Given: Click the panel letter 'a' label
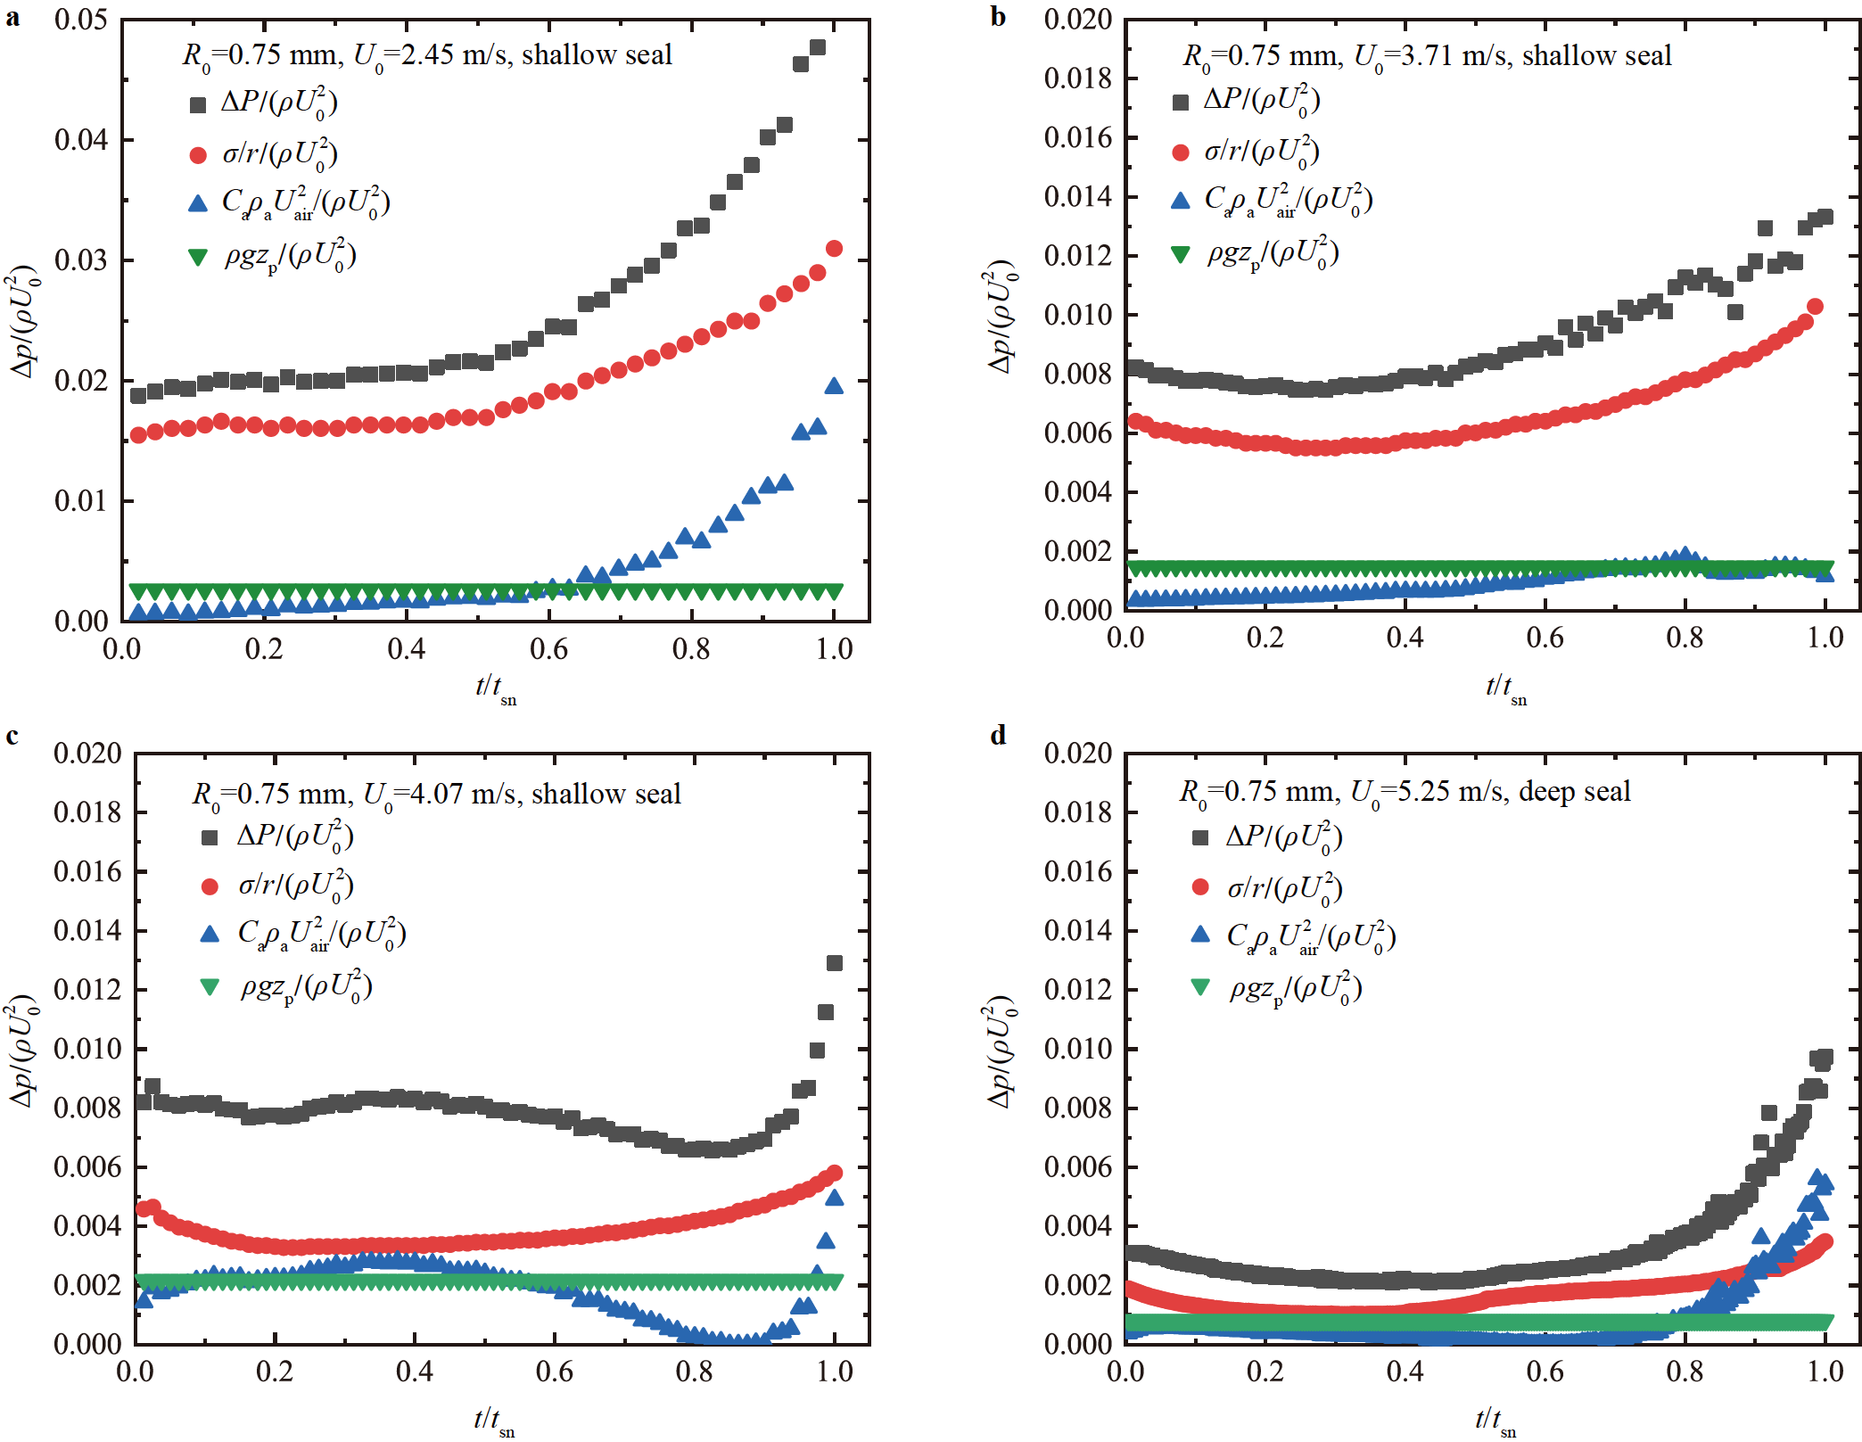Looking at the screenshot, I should [x=12, y=17].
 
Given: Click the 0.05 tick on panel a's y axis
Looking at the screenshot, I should [x=81, y=20].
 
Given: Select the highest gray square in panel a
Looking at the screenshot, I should [x=817, y=48].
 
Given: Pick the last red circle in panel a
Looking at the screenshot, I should [x=834, y=249].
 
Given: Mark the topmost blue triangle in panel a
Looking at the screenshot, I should [x=834, y=386].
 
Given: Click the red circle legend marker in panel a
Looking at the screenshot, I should [x=198, y=155].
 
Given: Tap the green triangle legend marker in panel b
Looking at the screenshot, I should [x=1180, y=255].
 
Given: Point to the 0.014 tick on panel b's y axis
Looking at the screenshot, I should [x=1077, y=196].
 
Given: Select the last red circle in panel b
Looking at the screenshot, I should [x=1814, y=307].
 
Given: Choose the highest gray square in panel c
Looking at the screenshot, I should [x=835, y=963].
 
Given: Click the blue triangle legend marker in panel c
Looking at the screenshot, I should [x=210, y=934].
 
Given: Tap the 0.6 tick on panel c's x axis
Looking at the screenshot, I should [x=554, y=1371].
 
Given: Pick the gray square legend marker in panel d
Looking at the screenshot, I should [x=1200, y=837].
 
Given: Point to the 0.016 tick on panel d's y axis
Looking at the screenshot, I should [x=1077, y=871].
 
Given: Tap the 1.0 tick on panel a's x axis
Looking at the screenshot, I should [x=834, y=648].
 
